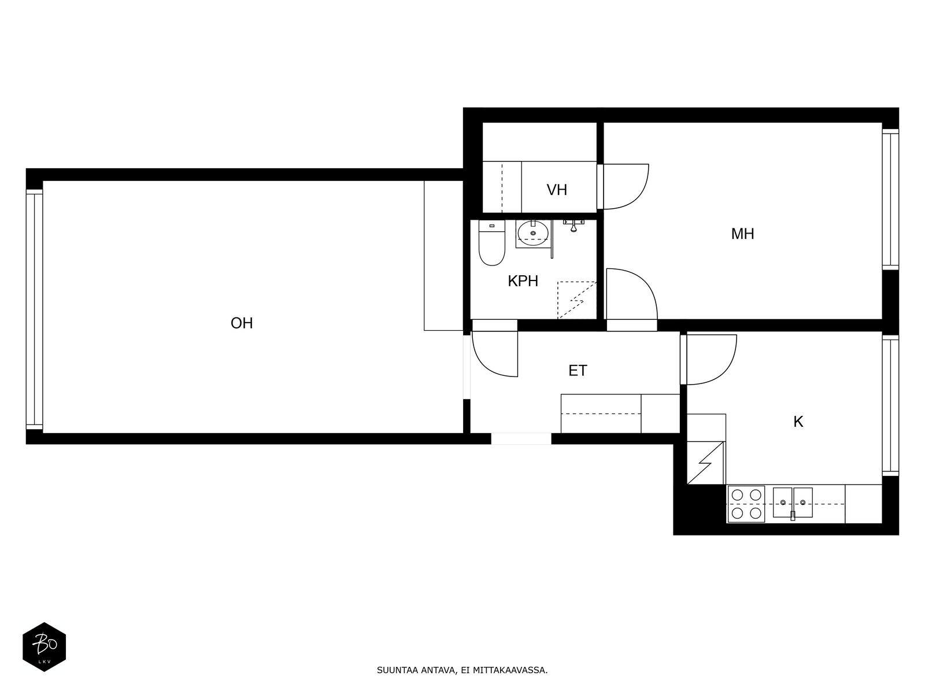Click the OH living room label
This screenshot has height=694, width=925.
(242, 323)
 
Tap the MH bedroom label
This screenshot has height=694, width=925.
(742, 234)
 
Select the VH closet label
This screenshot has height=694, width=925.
(557, 190)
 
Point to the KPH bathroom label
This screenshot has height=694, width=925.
(523, 281)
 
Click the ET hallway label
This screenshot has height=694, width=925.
(578, 371)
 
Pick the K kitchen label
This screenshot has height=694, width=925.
(798, 422)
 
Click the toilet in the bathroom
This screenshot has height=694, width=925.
(492, 243)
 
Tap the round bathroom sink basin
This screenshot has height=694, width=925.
(533, 232)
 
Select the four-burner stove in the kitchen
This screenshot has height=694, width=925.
(746, 504)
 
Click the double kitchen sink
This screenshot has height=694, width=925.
(793, 503)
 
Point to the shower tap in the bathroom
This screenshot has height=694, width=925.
(573, 225)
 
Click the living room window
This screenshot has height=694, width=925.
(35, 310)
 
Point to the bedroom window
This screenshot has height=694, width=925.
(890, 200)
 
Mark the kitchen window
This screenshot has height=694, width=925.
(890, 406)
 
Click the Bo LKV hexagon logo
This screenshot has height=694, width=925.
(45, 647)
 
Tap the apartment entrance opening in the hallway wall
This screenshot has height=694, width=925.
(521, 438)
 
